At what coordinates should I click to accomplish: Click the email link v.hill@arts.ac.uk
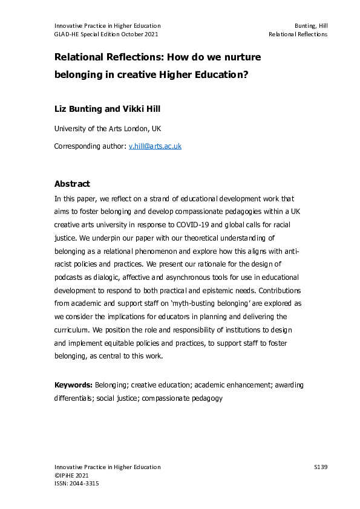coord(155,146)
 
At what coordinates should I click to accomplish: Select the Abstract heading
coord(72,184)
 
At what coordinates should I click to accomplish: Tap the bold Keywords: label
coord(73,384)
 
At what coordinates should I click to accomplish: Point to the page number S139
coord(321,467)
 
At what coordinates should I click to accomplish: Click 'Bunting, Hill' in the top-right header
coord(310,25)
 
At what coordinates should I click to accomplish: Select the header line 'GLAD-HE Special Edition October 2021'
coord(106,34)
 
